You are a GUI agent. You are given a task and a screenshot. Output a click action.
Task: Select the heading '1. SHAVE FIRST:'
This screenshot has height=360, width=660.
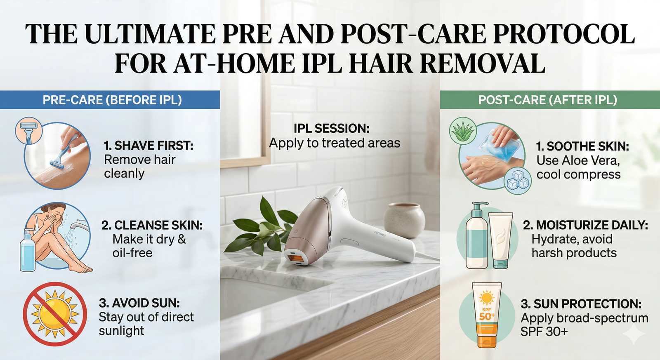tap(148, 146)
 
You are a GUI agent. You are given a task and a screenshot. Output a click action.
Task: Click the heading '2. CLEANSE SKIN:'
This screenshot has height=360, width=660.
tap(152, 225)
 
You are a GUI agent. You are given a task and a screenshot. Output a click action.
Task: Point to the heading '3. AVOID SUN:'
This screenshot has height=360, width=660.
tap(139, 303)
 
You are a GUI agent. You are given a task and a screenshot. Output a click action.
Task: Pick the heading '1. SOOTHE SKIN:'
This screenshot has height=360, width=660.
tap(582, 146)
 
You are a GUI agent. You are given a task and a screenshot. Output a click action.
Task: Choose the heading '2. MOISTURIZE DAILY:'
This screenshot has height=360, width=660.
tap(585, 225)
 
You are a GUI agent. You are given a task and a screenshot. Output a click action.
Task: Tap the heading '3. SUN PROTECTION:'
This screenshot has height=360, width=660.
tap(581, 304)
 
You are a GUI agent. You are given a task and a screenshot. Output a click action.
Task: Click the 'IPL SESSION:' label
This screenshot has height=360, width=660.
tap(331, 128)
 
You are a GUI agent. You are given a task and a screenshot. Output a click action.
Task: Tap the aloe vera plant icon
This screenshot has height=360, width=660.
tap(463, 131)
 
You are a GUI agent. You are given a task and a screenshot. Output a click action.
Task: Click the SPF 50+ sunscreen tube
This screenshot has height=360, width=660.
tap(487, 314)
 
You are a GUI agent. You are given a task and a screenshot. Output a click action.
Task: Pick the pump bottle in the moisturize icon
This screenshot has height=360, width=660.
tap(477, 237)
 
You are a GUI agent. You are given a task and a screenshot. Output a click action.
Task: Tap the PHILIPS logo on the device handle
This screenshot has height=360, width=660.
tap(379, 234)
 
